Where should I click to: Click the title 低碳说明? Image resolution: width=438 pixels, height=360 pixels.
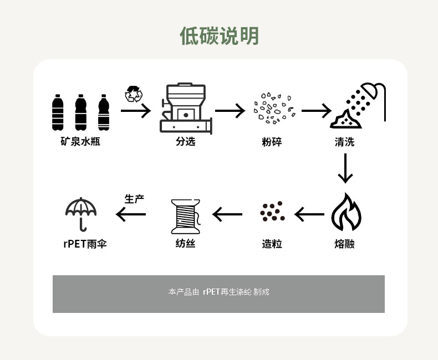click(x=219, y=36)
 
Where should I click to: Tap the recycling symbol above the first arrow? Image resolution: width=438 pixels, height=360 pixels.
click(x=133, y=94)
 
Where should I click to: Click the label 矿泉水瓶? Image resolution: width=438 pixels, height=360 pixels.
click(x=80, y=142)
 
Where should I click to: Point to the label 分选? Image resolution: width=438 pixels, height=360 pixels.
click(x=186, y=142)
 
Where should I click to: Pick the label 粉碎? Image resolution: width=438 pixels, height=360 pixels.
click(x=272, y=142)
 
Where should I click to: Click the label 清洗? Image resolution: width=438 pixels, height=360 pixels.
click(x=344, y=142)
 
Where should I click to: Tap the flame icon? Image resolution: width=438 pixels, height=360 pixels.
click(x=346, y=213)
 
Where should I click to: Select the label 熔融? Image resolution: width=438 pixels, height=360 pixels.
click(x=344, y=244)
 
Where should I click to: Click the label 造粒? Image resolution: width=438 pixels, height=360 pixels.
click(x=272, y=244)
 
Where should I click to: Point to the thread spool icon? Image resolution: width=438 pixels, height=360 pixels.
click(x=185, y=215)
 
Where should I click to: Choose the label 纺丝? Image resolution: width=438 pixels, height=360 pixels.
click(x=185, y=244)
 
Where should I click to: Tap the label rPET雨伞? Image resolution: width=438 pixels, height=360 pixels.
click(x=84, y=244)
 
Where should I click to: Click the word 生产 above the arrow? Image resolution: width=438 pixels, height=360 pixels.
click(x=134, y=199)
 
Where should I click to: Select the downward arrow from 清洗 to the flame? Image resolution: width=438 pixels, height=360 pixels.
click(x=345, y=168)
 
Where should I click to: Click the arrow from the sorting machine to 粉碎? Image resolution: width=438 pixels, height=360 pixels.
click(x=230, y=111)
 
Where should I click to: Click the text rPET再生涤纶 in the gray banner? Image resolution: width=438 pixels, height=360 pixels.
click(x=227, y=291)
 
